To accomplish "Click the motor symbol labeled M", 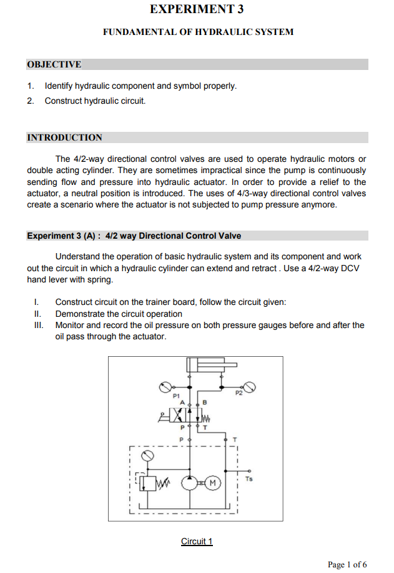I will click(x=213, y=483).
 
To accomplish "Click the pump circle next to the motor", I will click(x=190, y=483).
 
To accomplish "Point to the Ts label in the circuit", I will click(x=249, y=479).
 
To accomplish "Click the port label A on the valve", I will click(x=182, y=403).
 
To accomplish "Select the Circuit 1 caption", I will click(x=197, y=541).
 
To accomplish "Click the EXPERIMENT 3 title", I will click(x=197, y=9).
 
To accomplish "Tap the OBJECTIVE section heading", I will click(x=54, y=64).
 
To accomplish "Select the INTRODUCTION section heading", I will click(x=65, y=137).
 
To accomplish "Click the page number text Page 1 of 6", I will click(x=347, y=565).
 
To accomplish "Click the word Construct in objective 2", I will click(x=63, y=101).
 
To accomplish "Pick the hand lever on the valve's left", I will click(x=164, y=414).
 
